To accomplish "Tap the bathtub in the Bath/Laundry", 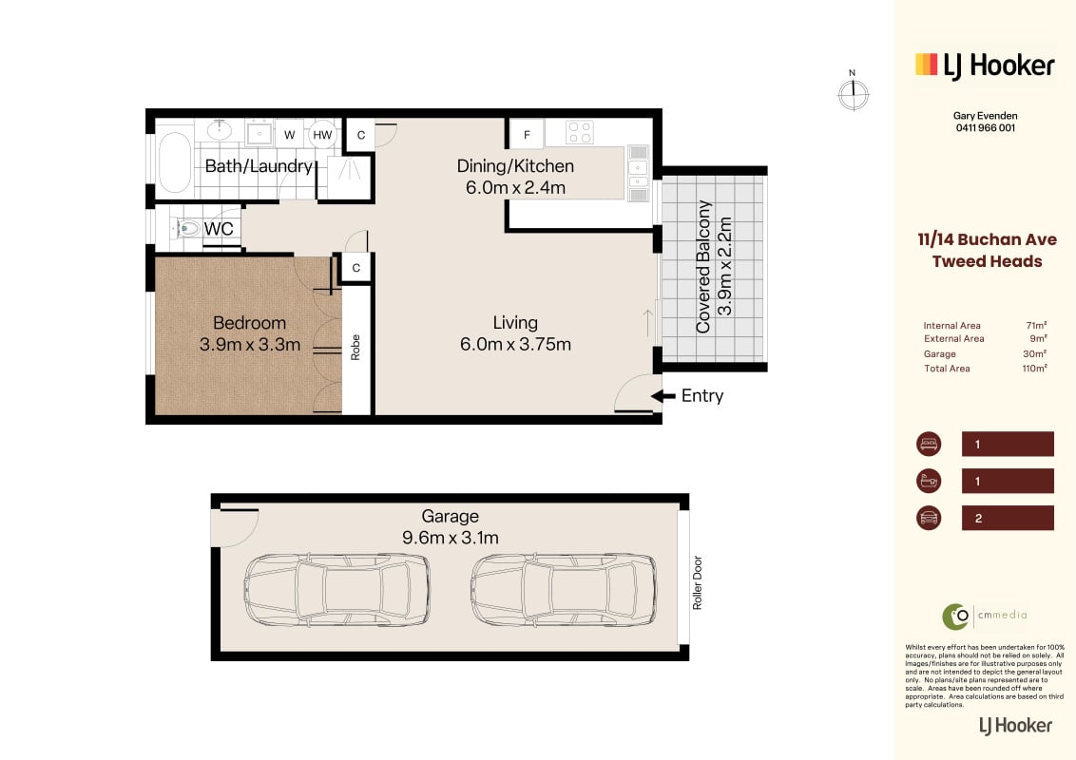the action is (x=175, y=162).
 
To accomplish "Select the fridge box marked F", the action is (x=527, y=135).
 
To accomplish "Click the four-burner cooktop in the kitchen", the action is (x=580, y=132).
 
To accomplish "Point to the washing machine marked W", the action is (x=289, y=135).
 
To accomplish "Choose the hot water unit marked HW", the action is (x=322, y=135).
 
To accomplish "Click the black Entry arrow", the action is (x=663, y=396).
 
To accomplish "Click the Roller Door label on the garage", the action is (x=697, y=582).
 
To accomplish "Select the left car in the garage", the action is (x=336, y=589).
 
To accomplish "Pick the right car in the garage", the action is (x=564, y=589).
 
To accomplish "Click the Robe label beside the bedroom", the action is (x=355, y=347).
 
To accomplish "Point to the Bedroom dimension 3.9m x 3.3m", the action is (x=250, y=344).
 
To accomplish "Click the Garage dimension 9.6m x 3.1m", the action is (x=451, y=538).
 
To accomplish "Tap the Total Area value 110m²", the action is (x=1034, y=369).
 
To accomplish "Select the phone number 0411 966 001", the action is (x=986, y=127).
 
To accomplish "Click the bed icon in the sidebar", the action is (x=929, y=444).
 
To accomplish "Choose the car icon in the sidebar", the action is (x=929, y=518).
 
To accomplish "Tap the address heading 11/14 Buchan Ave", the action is (x=987, y=239).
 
